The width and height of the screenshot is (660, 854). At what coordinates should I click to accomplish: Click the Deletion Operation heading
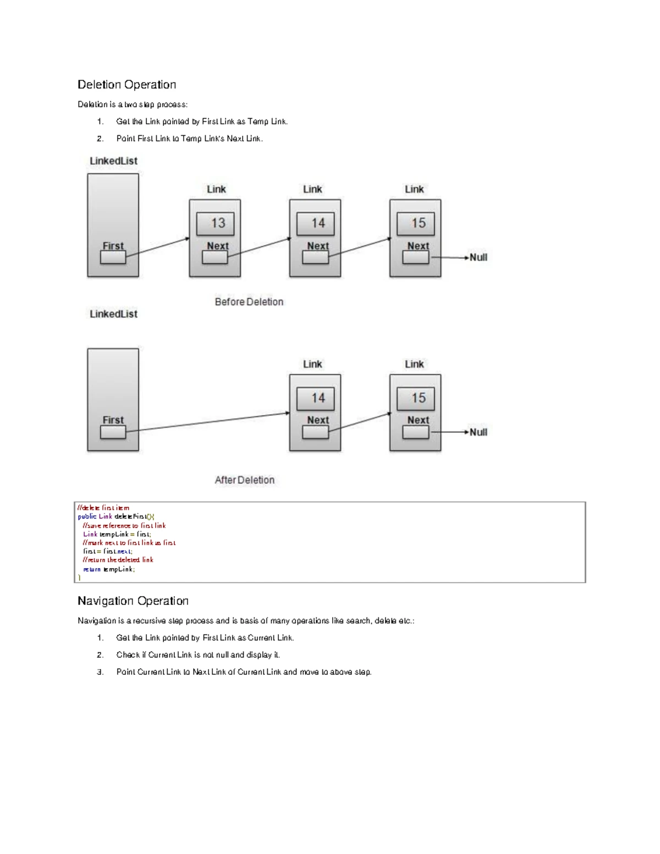tap(127, 85)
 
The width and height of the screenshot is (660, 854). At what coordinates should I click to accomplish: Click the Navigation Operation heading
tap(133, 601)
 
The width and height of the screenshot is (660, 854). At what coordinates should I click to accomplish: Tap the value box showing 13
tap(215, 224)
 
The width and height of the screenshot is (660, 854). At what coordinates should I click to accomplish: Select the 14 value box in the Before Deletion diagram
tap(315, 224)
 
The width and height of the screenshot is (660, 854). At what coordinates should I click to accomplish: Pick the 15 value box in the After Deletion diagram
tap(415, 398)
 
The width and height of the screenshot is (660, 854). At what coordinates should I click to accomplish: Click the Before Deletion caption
tap(249, 302)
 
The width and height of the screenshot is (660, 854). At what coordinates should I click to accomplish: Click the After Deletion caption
tap(245, 480)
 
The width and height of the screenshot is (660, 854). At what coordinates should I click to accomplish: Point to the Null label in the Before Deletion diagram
tap(479, 257)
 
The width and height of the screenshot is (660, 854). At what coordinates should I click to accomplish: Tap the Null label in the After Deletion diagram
tap(479, 432)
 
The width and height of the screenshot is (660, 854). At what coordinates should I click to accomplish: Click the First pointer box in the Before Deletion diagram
tap(113, 257)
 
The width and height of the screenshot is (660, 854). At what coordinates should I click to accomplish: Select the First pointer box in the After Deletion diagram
tap(113, 432)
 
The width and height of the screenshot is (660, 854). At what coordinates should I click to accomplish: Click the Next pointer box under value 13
tap(215, 257)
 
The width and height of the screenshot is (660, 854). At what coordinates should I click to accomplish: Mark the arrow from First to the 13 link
tap(158, 247)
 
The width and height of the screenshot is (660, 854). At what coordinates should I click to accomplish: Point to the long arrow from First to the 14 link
tap(207, 422)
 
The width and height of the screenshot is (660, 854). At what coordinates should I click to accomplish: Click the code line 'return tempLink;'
tap(109, 569)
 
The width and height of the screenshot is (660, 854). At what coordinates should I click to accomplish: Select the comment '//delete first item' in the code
tap(103, 508)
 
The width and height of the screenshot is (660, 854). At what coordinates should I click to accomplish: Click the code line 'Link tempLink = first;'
tap(117, 534)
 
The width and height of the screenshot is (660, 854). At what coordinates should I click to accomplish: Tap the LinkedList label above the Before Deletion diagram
tap(114, 161)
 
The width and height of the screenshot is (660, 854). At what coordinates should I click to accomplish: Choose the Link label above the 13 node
tap(216, 189)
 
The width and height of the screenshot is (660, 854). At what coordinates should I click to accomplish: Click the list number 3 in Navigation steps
tap(100, 672)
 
